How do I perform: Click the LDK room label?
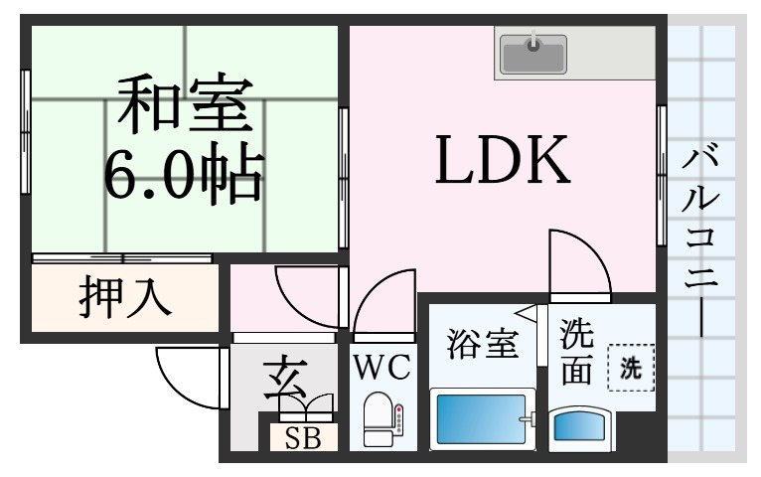503,160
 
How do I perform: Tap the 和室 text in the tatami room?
186,102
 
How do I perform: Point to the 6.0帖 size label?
185,172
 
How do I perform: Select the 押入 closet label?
125,296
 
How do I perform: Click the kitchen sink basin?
533,54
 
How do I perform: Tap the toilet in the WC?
379,418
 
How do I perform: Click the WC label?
382,368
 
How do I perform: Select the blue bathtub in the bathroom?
482,419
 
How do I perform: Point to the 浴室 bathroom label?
483,343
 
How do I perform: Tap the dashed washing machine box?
631,368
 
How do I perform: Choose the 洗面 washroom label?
577,352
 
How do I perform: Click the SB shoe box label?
303,438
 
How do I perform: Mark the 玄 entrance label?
285,380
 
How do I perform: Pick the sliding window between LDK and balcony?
661,175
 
